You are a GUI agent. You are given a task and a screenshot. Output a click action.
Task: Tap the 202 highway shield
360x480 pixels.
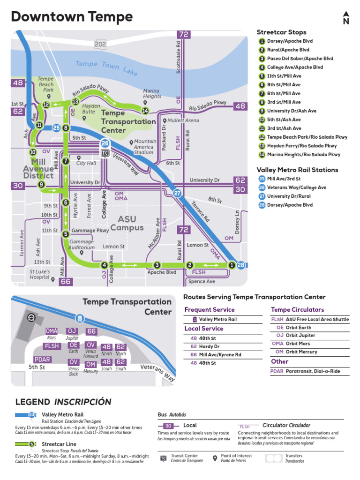pyautogui.click(x=100, y=44)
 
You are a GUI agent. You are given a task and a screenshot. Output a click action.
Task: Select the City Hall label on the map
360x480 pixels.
pyautogui.click(x=86, y=163)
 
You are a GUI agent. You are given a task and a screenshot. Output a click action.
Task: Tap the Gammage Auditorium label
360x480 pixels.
pyautogui.click(x=82, y=244)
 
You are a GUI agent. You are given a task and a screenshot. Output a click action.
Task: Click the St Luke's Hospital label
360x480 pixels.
pyautogui.click(x=39, y=274)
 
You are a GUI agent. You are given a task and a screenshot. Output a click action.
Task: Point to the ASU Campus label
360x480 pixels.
pyautogui.click(x=127, y=223)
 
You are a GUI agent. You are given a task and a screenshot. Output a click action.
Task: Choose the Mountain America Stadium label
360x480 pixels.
pyautogui.click(x=145, y=147)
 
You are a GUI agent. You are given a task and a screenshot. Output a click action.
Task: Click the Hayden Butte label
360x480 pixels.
pyautogui.click(x=91, y=109)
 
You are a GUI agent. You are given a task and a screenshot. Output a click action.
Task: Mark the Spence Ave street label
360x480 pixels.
pyautogui.click(x=202, y=282)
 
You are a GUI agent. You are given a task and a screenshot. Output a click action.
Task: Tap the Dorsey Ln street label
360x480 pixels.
pyautogui.click(x=237, y=222)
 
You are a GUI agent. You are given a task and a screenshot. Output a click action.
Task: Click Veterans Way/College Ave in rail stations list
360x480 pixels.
pyautogui.click(x=296, y=187)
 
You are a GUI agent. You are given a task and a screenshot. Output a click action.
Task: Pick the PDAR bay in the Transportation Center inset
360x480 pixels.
pyautogui.click(x=43, y=360)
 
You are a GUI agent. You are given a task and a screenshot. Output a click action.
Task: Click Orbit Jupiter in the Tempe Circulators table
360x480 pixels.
pyautogui.click(x=301, y=335)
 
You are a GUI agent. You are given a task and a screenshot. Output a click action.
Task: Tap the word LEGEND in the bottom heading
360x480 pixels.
pyautogui.click(x=33, y=402)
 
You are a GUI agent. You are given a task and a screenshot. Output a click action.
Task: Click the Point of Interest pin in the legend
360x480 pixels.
pyautogui.click(x=215, y=457)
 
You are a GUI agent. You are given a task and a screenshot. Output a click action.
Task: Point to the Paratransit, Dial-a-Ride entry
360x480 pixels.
pyautogui.click(x=316, y=371)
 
